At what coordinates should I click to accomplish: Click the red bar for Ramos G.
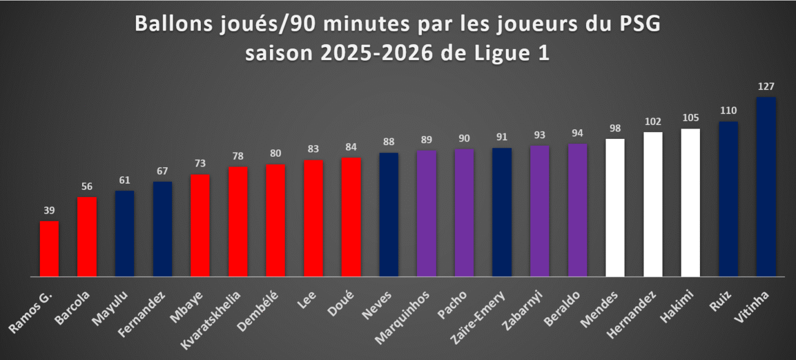[49, 249]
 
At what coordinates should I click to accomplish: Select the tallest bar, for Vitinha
[766, 187]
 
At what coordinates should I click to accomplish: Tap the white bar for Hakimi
[691, 203]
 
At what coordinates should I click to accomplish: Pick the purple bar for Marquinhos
[426, 213]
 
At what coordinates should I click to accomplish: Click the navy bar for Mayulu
[125, 233]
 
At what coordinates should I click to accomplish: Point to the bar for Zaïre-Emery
[501, 212]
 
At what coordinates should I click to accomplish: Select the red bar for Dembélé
[276, 220]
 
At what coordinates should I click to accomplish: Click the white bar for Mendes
[615, 208]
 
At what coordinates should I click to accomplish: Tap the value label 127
[766, 86]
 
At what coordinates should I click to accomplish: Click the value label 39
[49, 211]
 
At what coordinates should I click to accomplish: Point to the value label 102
[653, 122]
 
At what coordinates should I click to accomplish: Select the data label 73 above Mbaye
[200, 163]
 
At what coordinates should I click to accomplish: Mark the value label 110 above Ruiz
[728, 111]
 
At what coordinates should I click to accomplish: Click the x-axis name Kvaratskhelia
[211, 320]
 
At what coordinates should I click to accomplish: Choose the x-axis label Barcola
[72, 308]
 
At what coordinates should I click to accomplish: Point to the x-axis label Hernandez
[631, 315]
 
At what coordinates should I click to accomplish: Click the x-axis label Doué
[341, 304]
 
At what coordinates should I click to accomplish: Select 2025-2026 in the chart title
[377, 53]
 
